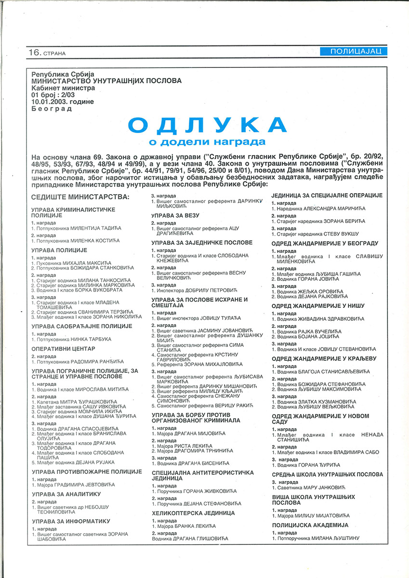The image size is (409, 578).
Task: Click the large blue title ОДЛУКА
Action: click(208, 125)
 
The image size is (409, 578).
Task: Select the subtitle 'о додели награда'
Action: click(207, 142)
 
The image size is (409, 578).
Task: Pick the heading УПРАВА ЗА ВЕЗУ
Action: click(175, 215)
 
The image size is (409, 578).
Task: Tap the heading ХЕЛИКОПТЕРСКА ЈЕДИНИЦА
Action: click(193, 513)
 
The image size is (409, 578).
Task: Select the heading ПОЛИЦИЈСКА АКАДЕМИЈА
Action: click(310, 525)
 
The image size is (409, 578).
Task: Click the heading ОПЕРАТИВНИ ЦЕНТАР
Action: click(63, 348)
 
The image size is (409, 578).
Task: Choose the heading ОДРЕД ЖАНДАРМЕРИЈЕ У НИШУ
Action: click(318, 306)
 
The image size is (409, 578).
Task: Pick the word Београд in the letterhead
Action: click(52, 109)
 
